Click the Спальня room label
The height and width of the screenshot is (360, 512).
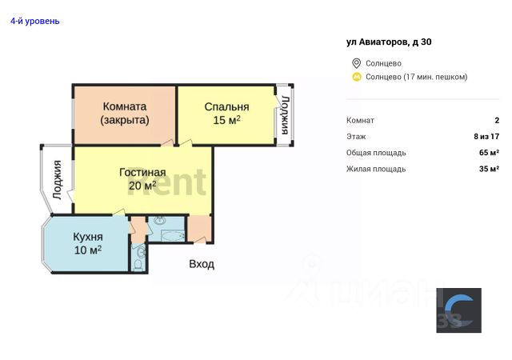(x=226, y=106)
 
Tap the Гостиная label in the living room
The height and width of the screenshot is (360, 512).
(x=142, y=172)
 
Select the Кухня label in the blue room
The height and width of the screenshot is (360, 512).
(x=88, y=237)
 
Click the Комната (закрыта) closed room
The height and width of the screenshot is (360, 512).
(x=124, y=113)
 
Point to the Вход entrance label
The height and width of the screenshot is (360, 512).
(x=201, y=264)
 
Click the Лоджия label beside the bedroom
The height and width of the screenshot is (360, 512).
(x=284, y=114)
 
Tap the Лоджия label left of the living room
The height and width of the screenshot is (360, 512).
(x=57, y=179)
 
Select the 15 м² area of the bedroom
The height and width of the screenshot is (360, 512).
(x=226, y=121)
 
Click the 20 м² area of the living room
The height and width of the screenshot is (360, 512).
(x=142, y=186)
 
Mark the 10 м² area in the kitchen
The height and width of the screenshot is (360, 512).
(x=88, y=250)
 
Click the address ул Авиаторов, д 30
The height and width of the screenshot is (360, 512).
(x=389, y=42)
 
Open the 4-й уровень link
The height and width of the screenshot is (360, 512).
(x=34, y=21)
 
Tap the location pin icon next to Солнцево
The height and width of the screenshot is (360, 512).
(x=356, y=63)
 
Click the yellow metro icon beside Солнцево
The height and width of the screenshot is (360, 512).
(x=356, y=77)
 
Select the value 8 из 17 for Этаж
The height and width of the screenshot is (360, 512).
(x=486, y=137)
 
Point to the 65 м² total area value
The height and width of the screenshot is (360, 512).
(x=489, y=153)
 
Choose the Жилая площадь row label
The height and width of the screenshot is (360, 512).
(x=376, y=169)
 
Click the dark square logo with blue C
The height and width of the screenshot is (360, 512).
(x=458, y=310)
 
